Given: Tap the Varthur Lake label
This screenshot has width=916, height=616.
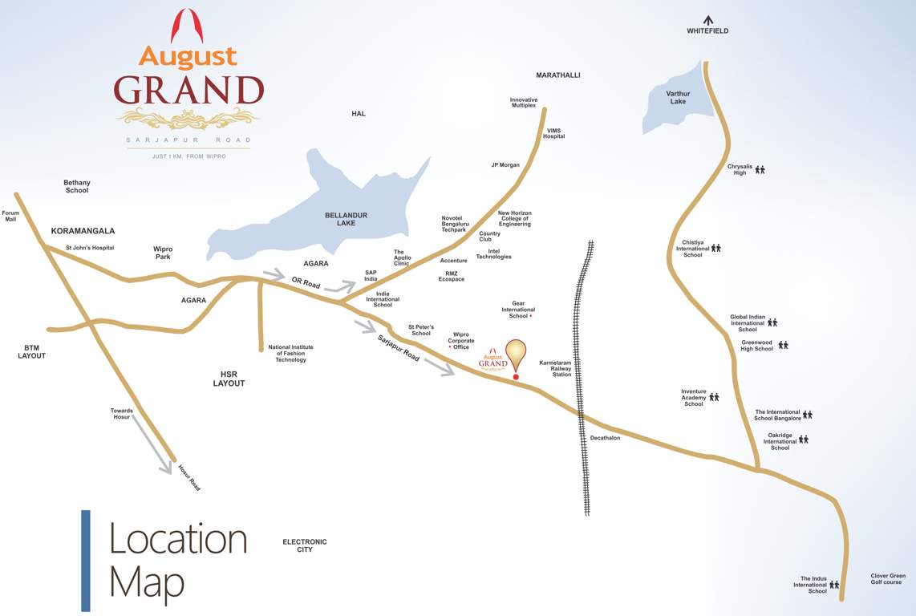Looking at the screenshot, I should pyautogui.click(x=678, y=98).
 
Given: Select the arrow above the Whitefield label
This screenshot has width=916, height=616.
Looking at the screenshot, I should pyautogui.click(x=707, y=19).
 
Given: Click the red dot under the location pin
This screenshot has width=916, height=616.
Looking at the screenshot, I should pyautogui.click(x=516, y=376).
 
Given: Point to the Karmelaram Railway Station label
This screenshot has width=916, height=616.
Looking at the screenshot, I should pyautogui.click(x=555, y=368).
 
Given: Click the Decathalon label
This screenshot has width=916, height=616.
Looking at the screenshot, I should pyautogui.click(x=606, y=438).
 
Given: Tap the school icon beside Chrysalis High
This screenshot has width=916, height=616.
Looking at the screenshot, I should pyautogui.click(x=760, y=170).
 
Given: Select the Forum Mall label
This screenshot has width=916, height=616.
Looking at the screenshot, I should pyautogui.click(x=10, y=216).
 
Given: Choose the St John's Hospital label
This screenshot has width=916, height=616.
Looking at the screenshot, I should pyautogui.click(x=90, y=248).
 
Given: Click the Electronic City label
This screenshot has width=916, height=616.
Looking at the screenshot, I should pyautogui.click(x=305, y=545).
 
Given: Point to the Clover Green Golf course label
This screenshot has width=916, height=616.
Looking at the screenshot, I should pyautogui.click(x=888, y=578).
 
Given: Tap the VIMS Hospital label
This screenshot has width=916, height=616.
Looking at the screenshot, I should pyautogui.click(x=554, y=133).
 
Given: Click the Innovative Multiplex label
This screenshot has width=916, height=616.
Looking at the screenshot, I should pyautogui.click(x=524, y=103).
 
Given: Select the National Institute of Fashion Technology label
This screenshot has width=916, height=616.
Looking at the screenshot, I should pyautogui.click(x=290, y=354).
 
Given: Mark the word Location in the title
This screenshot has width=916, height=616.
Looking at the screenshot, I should pyautogui.click(x=178, y=539).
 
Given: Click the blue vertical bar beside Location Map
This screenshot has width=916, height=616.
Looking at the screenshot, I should pyautogui.click(x=86, y=561).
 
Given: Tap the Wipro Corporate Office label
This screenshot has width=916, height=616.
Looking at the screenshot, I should pyautogui.click(x=460, y=341).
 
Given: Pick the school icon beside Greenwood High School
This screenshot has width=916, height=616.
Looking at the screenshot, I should pyautogui.click(x=783, y=345).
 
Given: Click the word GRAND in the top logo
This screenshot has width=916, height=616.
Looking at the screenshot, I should pyautogui.click(x=188, y=91).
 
